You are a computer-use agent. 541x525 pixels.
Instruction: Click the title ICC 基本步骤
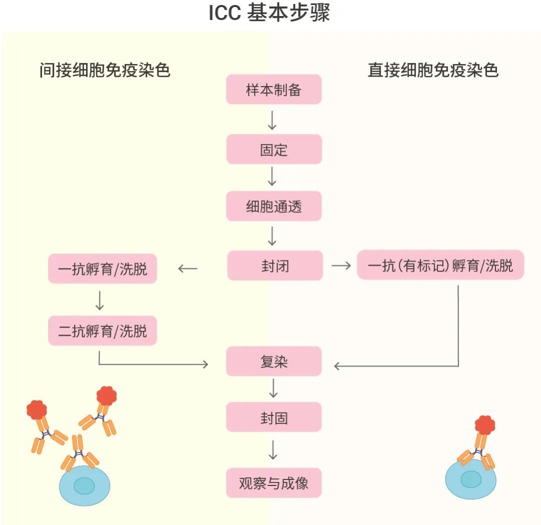269,13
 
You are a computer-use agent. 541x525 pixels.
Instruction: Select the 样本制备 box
274,90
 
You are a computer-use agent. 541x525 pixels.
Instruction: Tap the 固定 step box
274,149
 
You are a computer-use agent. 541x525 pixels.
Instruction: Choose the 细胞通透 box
274,206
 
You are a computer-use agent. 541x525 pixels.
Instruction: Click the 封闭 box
275,266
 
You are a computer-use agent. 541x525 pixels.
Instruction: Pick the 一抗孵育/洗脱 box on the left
103,269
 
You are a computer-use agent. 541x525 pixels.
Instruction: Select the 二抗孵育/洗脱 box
103,331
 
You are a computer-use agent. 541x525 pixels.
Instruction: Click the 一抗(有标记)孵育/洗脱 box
440,265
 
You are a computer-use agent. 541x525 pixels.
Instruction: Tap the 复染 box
274,361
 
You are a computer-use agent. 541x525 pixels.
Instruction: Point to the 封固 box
274,417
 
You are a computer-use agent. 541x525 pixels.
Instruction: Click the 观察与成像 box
274,483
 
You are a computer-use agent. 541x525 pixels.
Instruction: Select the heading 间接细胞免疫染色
105,70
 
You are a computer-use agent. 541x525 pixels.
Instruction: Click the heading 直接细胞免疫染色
433,70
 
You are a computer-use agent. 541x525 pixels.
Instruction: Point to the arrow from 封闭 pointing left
188,269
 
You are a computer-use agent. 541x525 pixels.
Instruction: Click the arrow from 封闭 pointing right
341,266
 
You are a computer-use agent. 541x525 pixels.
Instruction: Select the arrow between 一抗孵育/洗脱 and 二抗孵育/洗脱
99,300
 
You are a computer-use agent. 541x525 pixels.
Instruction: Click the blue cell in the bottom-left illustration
85,485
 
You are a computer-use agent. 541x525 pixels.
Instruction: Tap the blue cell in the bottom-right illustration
470,479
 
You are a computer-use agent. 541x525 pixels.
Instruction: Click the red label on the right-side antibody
484,425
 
